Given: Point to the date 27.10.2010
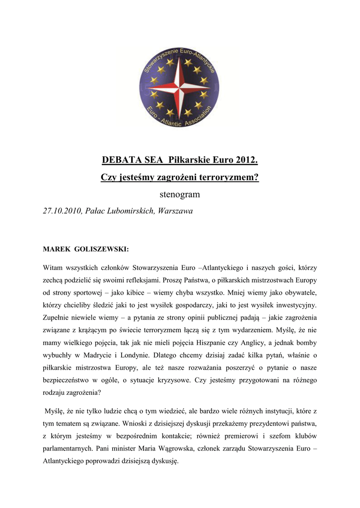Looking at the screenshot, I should pyautogui.click(x=62, y=211).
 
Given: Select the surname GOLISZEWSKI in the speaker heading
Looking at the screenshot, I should pyautogui.click(x=104, y=249).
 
